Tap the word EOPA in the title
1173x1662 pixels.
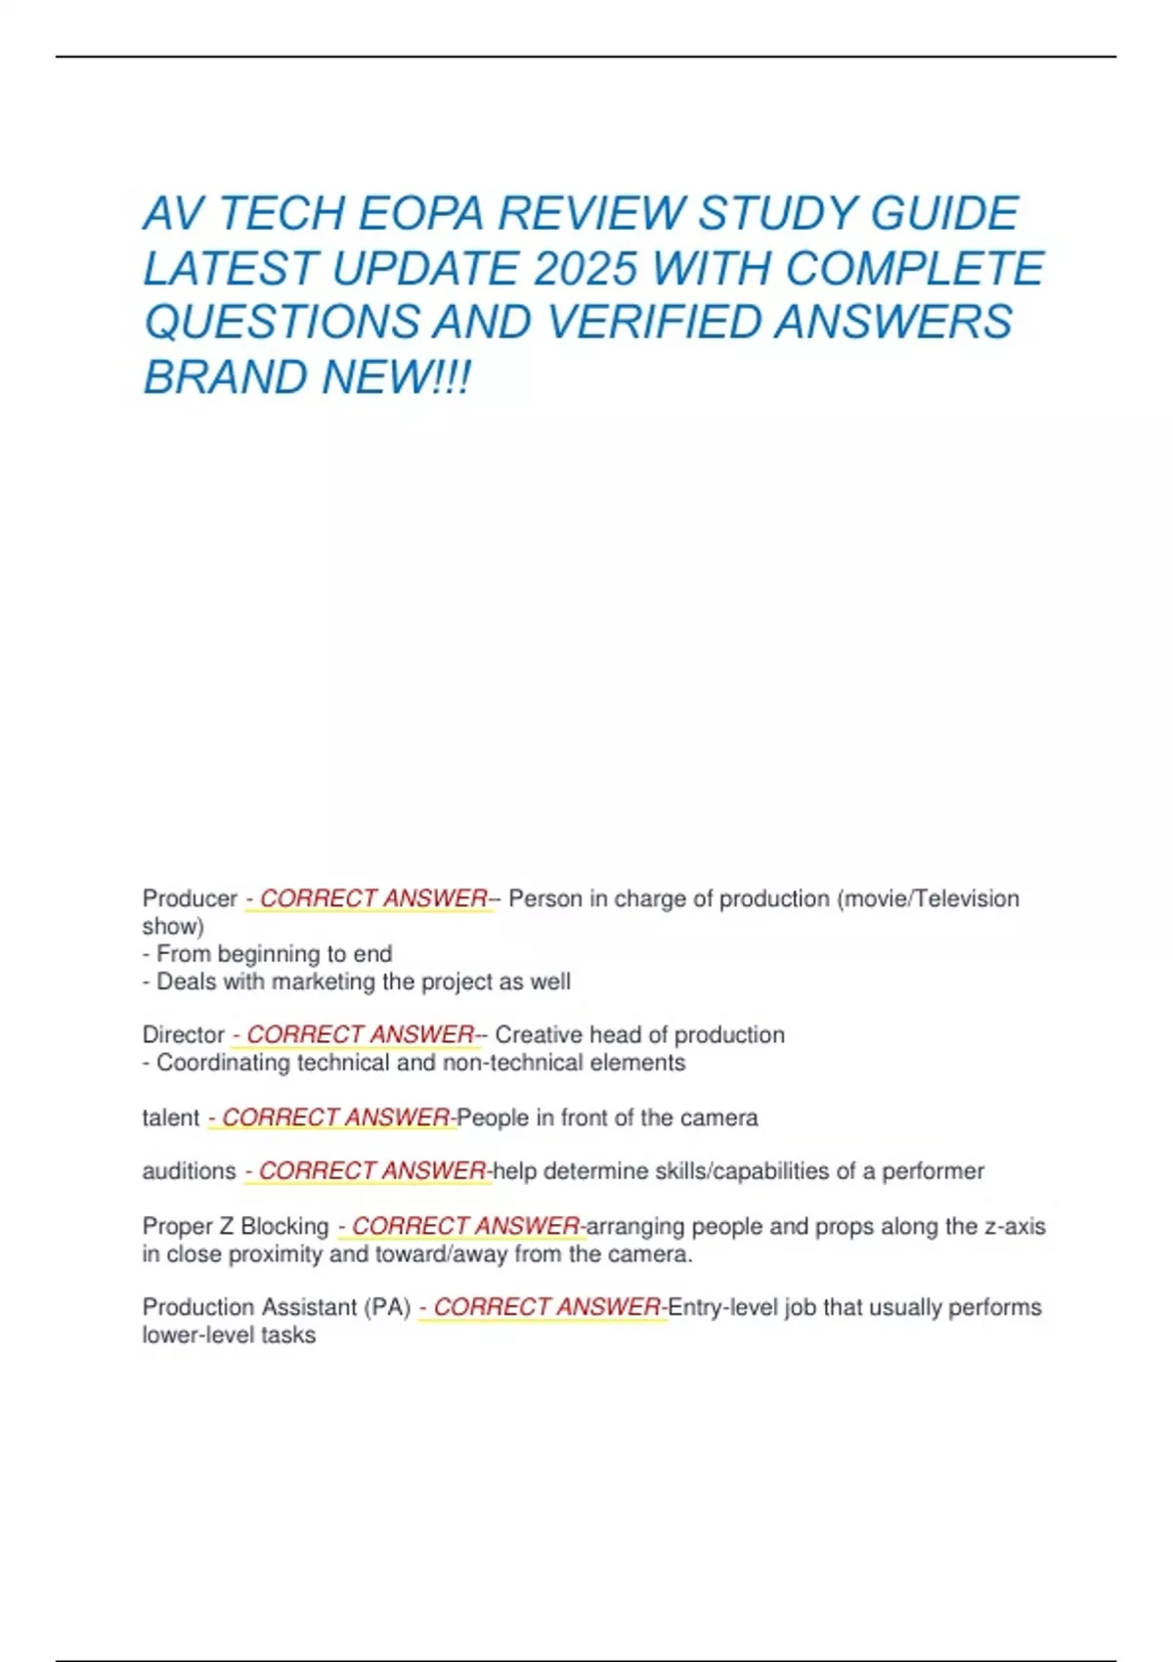point(420,214)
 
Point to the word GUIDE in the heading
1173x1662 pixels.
point(944,214)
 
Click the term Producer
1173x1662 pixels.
point(190,898)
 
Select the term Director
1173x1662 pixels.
point(184,1034)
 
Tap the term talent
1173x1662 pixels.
point(171,1117)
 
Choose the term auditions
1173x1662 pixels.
point(189,1171)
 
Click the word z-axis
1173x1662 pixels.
point(1015,1226)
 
